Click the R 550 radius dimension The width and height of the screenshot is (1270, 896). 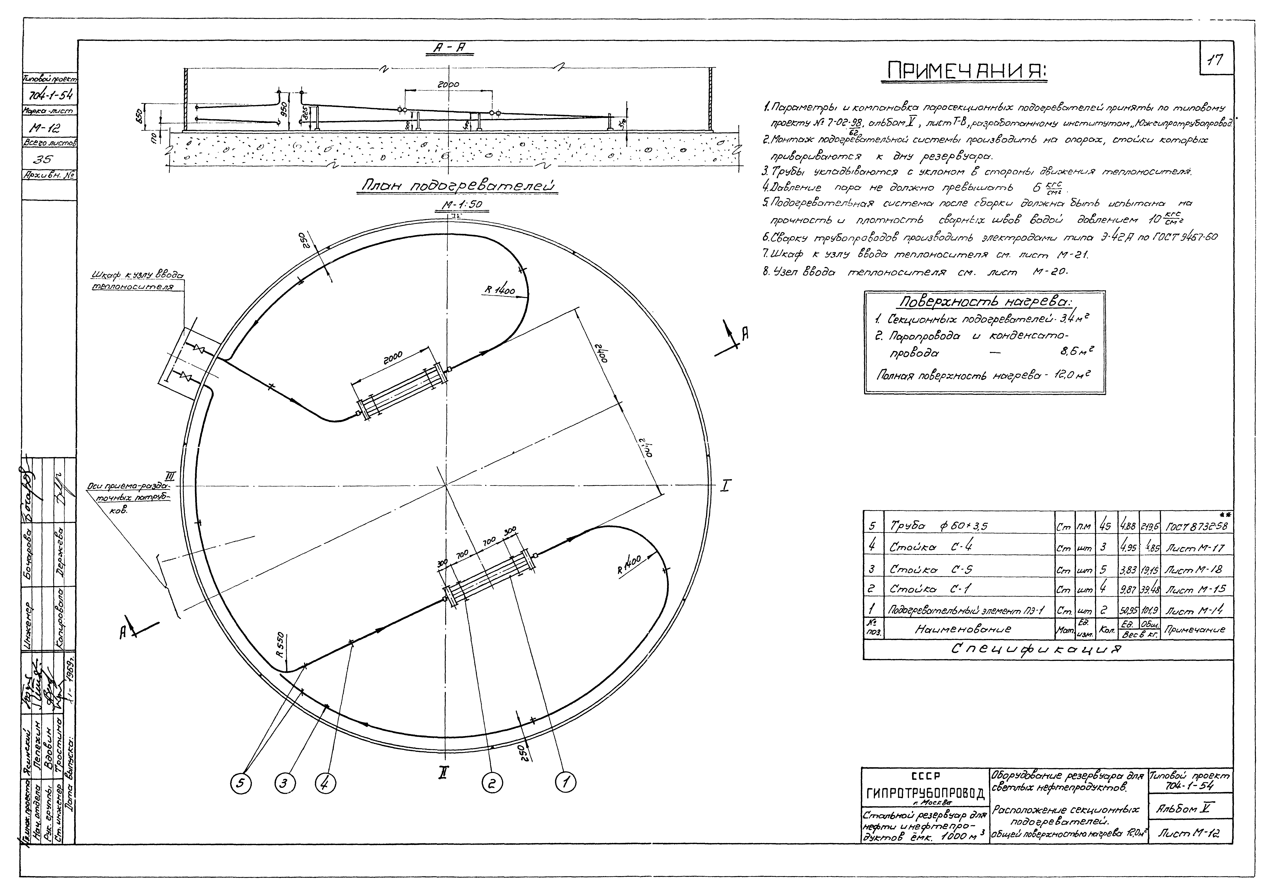[x=281, y=645]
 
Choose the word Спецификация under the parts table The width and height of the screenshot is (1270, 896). [x=1029, y=651]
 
